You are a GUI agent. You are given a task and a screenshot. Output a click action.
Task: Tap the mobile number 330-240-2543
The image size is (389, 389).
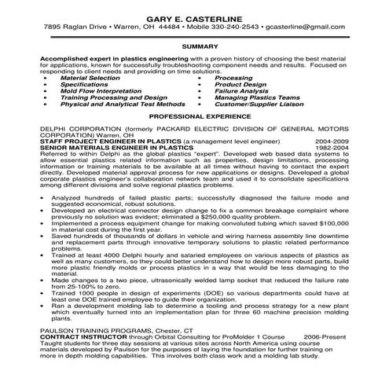[x=238, y=28]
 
